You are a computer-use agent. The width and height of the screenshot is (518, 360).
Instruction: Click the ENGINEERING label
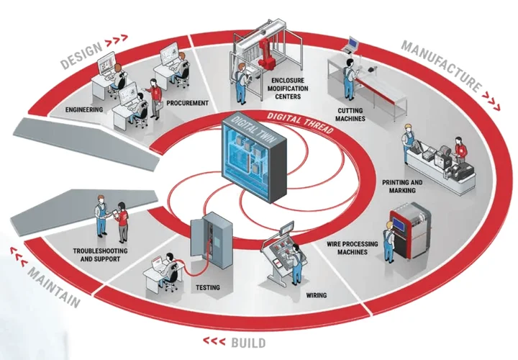[x=84, y=109]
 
